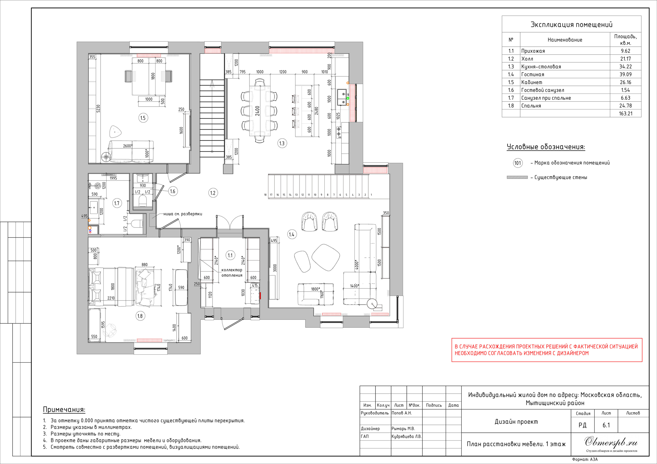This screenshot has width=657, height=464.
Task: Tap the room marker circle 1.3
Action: pos(282,143)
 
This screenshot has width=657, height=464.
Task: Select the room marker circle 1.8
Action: pos(140,316)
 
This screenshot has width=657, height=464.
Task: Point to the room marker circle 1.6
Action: pos(172,191)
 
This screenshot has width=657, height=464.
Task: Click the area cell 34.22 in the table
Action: pos(625,67)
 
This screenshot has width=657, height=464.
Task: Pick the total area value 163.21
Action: pos(626,114)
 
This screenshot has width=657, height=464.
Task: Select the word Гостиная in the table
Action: pos(533,75)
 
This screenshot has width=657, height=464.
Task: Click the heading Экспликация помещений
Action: pos(572,25)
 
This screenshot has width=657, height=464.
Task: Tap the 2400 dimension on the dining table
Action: pos(257,111)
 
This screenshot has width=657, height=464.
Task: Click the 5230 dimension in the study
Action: pos(98,109)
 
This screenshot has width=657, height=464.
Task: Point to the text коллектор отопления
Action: pos(232,273)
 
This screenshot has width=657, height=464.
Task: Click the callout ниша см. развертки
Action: pos(183,214)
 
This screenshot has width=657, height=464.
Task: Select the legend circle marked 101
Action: pos(518,163)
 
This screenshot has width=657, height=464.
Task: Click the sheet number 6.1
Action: pos(606,425)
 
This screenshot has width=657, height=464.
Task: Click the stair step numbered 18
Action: pos(265,195)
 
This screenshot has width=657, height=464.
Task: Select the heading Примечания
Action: pos(64,409)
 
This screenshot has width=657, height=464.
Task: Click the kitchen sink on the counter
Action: pos(342,97)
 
